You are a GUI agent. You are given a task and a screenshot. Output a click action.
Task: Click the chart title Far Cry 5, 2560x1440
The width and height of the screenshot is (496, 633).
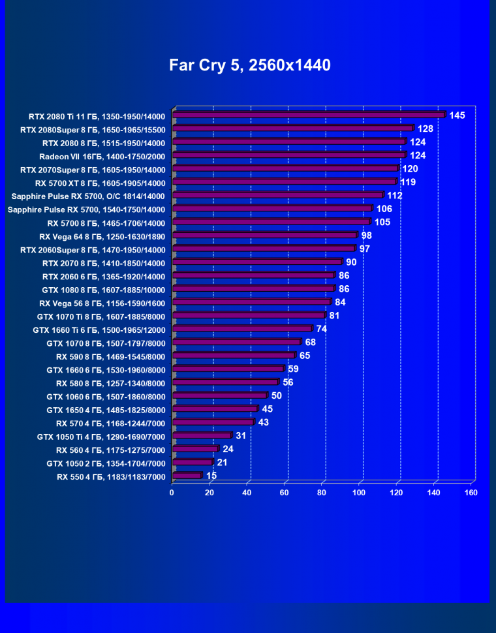(x=250, y=65)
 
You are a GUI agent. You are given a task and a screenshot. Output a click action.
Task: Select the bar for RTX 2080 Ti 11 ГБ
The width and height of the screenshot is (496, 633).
(x=308, y=116)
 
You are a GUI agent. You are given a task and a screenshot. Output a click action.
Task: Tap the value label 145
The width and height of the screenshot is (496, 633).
(x=457, y=116)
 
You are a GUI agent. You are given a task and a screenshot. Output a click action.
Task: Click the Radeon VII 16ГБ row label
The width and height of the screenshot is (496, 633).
(x=102, y=157)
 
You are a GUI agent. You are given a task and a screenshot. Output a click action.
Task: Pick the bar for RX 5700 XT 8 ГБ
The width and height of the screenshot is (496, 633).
(x=284, y=182)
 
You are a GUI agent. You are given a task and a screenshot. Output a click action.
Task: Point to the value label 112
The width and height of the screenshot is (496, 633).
(x=395, y=195)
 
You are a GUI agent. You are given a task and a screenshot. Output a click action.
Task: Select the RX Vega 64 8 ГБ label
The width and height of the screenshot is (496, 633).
(x=102, y=236)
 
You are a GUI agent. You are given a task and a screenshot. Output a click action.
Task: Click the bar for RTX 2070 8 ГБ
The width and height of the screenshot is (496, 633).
(x=256, y=262)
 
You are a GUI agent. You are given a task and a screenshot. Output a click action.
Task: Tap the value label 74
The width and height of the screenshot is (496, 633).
(x=322, y=329)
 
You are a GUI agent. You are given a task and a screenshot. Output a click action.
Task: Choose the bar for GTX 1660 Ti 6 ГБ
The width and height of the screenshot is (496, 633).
(x=241, y=329)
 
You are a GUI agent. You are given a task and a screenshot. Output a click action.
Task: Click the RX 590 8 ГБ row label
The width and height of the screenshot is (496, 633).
(x=111, y=356)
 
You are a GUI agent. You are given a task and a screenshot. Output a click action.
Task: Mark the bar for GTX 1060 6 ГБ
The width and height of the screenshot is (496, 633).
(x=219, y=395)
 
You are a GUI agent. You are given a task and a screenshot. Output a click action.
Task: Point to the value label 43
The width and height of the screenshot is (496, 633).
(x=264, y=422)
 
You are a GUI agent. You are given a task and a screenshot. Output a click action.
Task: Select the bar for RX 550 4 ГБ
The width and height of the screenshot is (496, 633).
(x=187, y=476)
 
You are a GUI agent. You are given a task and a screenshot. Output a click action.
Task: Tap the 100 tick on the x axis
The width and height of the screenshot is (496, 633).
(x=359, y=493)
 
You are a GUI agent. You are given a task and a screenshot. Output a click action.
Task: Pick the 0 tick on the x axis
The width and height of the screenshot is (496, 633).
(x=172, y=493)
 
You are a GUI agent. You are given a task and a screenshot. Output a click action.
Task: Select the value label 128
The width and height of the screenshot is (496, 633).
(x=426, y=129)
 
